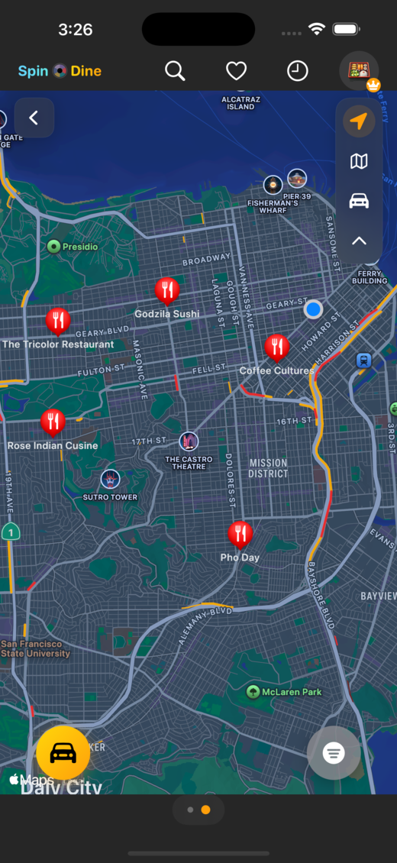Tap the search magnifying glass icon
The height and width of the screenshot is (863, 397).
(x=175, y=71)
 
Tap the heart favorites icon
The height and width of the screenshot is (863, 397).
(x=237, y=71)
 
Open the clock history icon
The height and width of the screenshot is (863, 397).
(x=297, y=71)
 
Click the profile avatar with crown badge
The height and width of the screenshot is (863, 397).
(x=358, y=71)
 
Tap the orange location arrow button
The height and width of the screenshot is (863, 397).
(x=359, y=121)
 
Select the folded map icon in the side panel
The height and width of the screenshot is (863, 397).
(x=359, y=161)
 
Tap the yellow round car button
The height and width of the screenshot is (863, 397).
(x=63, y=753)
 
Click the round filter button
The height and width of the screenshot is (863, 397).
(x=334, y=753)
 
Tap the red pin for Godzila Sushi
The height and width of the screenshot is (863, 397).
(x=167, y=290)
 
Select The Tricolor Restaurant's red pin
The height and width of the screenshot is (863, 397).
(x=58, y=321)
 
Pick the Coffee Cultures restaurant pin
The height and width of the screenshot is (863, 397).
(x=276, y=347)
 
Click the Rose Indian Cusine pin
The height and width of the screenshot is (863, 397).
(x=53, y=422)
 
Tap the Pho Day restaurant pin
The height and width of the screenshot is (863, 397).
(x=240, y=534)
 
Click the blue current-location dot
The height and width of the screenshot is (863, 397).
(x=313, y=309)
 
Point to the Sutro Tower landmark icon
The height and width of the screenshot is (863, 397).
(x=111, y=480)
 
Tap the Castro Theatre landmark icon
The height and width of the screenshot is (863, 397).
(x=189, y=441)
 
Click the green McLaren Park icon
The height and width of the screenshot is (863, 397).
(x=253, y=692)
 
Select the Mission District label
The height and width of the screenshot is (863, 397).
(x=269, y=468)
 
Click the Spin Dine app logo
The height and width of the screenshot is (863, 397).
(x=60, y=71)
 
